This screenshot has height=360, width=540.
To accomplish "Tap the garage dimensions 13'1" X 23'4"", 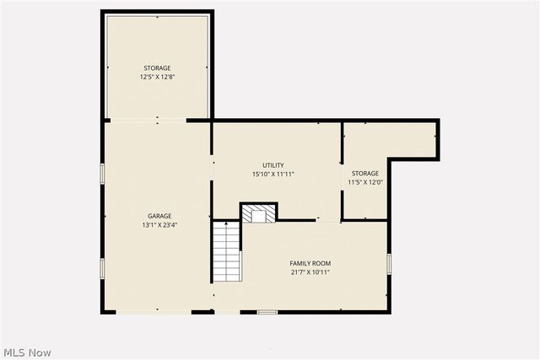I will tap(159, 225).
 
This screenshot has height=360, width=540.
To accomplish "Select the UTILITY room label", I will tap(273, 165).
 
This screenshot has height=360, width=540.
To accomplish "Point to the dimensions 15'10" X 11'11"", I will tap(273, 175).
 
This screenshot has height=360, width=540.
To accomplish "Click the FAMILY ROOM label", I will tap(310, 263).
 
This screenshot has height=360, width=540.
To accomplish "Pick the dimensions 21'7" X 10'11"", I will tap(310, 272).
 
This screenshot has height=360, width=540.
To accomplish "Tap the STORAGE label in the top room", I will tap(157, 67).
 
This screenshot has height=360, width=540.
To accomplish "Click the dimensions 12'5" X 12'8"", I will tap(157, 77).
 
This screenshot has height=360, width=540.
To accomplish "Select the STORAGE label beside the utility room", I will tap(365, 174).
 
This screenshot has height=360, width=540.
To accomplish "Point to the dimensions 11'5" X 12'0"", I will tap(365, 182).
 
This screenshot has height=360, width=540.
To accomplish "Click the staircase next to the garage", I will tap(226, 251).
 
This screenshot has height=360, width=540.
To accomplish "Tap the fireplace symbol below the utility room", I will tap(258, 213).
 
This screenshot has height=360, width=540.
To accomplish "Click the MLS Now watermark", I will tap(27, 352).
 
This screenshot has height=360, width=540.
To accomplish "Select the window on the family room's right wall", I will tap(389, 263).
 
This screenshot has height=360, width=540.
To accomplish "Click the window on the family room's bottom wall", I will tap(267, 312).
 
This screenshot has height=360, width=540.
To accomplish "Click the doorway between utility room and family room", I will tap(329, 221).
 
